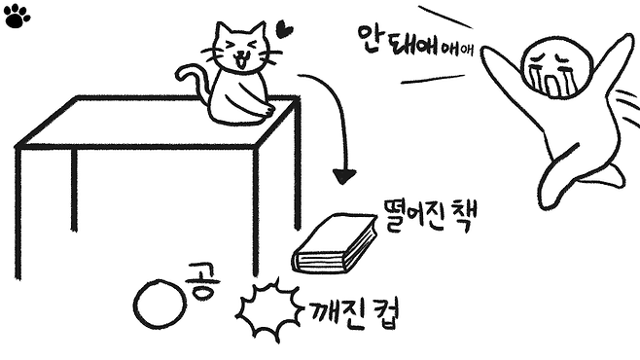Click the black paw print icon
(17, 17)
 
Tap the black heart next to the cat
(284, 29)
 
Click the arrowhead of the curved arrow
(343, 176)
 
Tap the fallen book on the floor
(335, 243)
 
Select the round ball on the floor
(160, 305)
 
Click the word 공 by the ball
(202, 281)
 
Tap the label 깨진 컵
(353, 314)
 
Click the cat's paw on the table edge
(267, 111)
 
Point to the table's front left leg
(18, 213)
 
